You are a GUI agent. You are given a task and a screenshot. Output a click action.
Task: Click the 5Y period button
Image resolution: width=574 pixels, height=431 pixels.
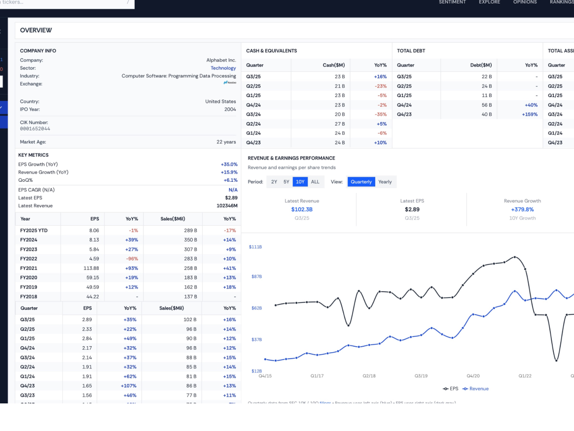(287, 182)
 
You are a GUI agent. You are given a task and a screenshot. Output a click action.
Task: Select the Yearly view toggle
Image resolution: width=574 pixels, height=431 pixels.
(385, 182)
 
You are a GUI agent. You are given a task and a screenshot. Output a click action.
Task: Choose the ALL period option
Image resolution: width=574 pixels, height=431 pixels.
(315, 182)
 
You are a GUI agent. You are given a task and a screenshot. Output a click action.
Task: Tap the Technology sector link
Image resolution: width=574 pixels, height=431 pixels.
(223, 68)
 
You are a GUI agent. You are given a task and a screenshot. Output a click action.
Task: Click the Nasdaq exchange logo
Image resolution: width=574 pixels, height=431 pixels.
(230, 83)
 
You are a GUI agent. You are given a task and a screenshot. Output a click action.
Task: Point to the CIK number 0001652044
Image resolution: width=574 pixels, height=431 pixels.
(35, 129)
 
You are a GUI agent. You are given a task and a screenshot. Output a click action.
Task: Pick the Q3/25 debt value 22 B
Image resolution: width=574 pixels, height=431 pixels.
(487, 77)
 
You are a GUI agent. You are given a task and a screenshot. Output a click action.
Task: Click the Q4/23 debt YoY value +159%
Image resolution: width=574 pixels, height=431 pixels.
(530, 114)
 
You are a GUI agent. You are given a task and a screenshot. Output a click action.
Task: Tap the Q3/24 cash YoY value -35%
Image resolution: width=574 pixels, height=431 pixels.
(380, 114)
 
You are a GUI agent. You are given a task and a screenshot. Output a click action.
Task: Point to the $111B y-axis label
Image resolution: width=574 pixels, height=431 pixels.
(255, 247)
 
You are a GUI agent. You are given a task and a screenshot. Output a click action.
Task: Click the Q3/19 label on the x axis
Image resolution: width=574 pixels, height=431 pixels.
(421, 376)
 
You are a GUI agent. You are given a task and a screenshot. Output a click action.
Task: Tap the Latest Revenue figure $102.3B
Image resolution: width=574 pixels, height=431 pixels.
(302, 209)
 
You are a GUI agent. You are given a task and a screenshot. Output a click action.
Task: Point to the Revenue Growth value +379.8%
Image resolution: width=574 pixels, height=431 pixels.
(522, 209)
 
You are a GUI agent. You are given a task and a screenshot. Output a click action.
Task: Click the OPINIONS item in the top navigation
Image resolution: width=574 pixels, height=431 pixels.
(525, 2)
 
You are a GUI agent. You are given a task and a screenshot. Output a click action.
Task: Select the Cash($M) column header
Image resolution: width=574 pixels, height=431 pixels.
(334, 65)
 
